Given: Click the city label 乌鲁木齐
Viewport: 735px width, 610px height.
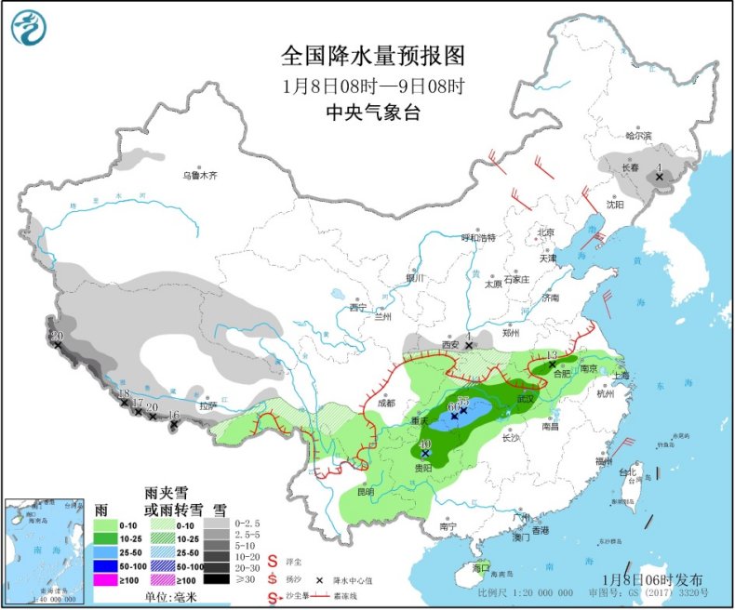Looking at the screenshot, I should pos(199,174).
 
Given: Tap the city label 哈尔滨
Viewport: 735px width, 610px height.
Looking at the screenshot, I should pos(639,136).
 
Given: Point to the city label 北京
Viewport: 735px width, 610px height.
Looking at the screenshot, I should pos(545,232).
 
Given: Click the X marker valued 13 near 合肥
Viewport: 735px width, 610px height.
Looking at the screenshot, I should pos(552,365).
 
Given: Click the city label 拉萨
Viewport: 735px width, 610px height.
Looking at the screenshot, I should pos(207,405).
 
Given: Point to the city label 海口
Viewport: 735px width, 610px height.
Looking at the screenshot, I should pos(481,567).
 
